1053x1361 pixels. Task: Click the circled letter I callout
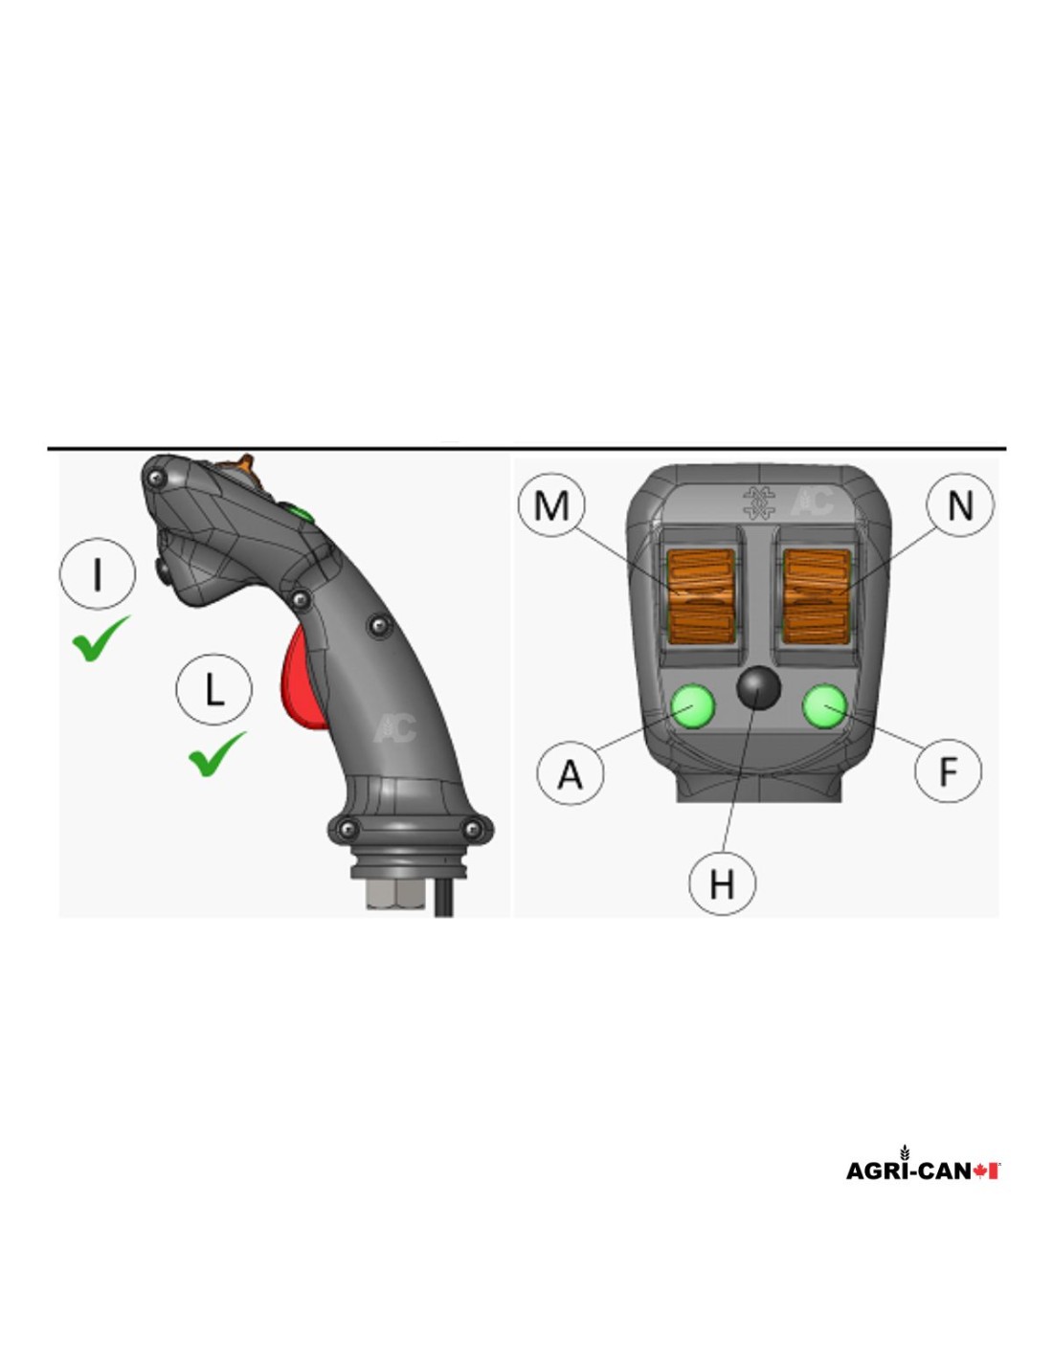97,573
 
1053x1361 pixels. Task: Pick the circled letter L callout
214,688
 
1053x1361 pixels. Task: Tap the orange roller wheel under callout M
701,596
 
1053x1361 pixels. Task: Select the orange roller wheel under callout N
817,596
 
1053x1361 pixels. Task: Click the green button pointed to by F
823,706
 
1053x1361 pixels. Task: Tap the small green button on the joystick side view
298,513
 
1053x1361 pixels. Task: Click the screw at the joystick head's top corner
156,480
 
